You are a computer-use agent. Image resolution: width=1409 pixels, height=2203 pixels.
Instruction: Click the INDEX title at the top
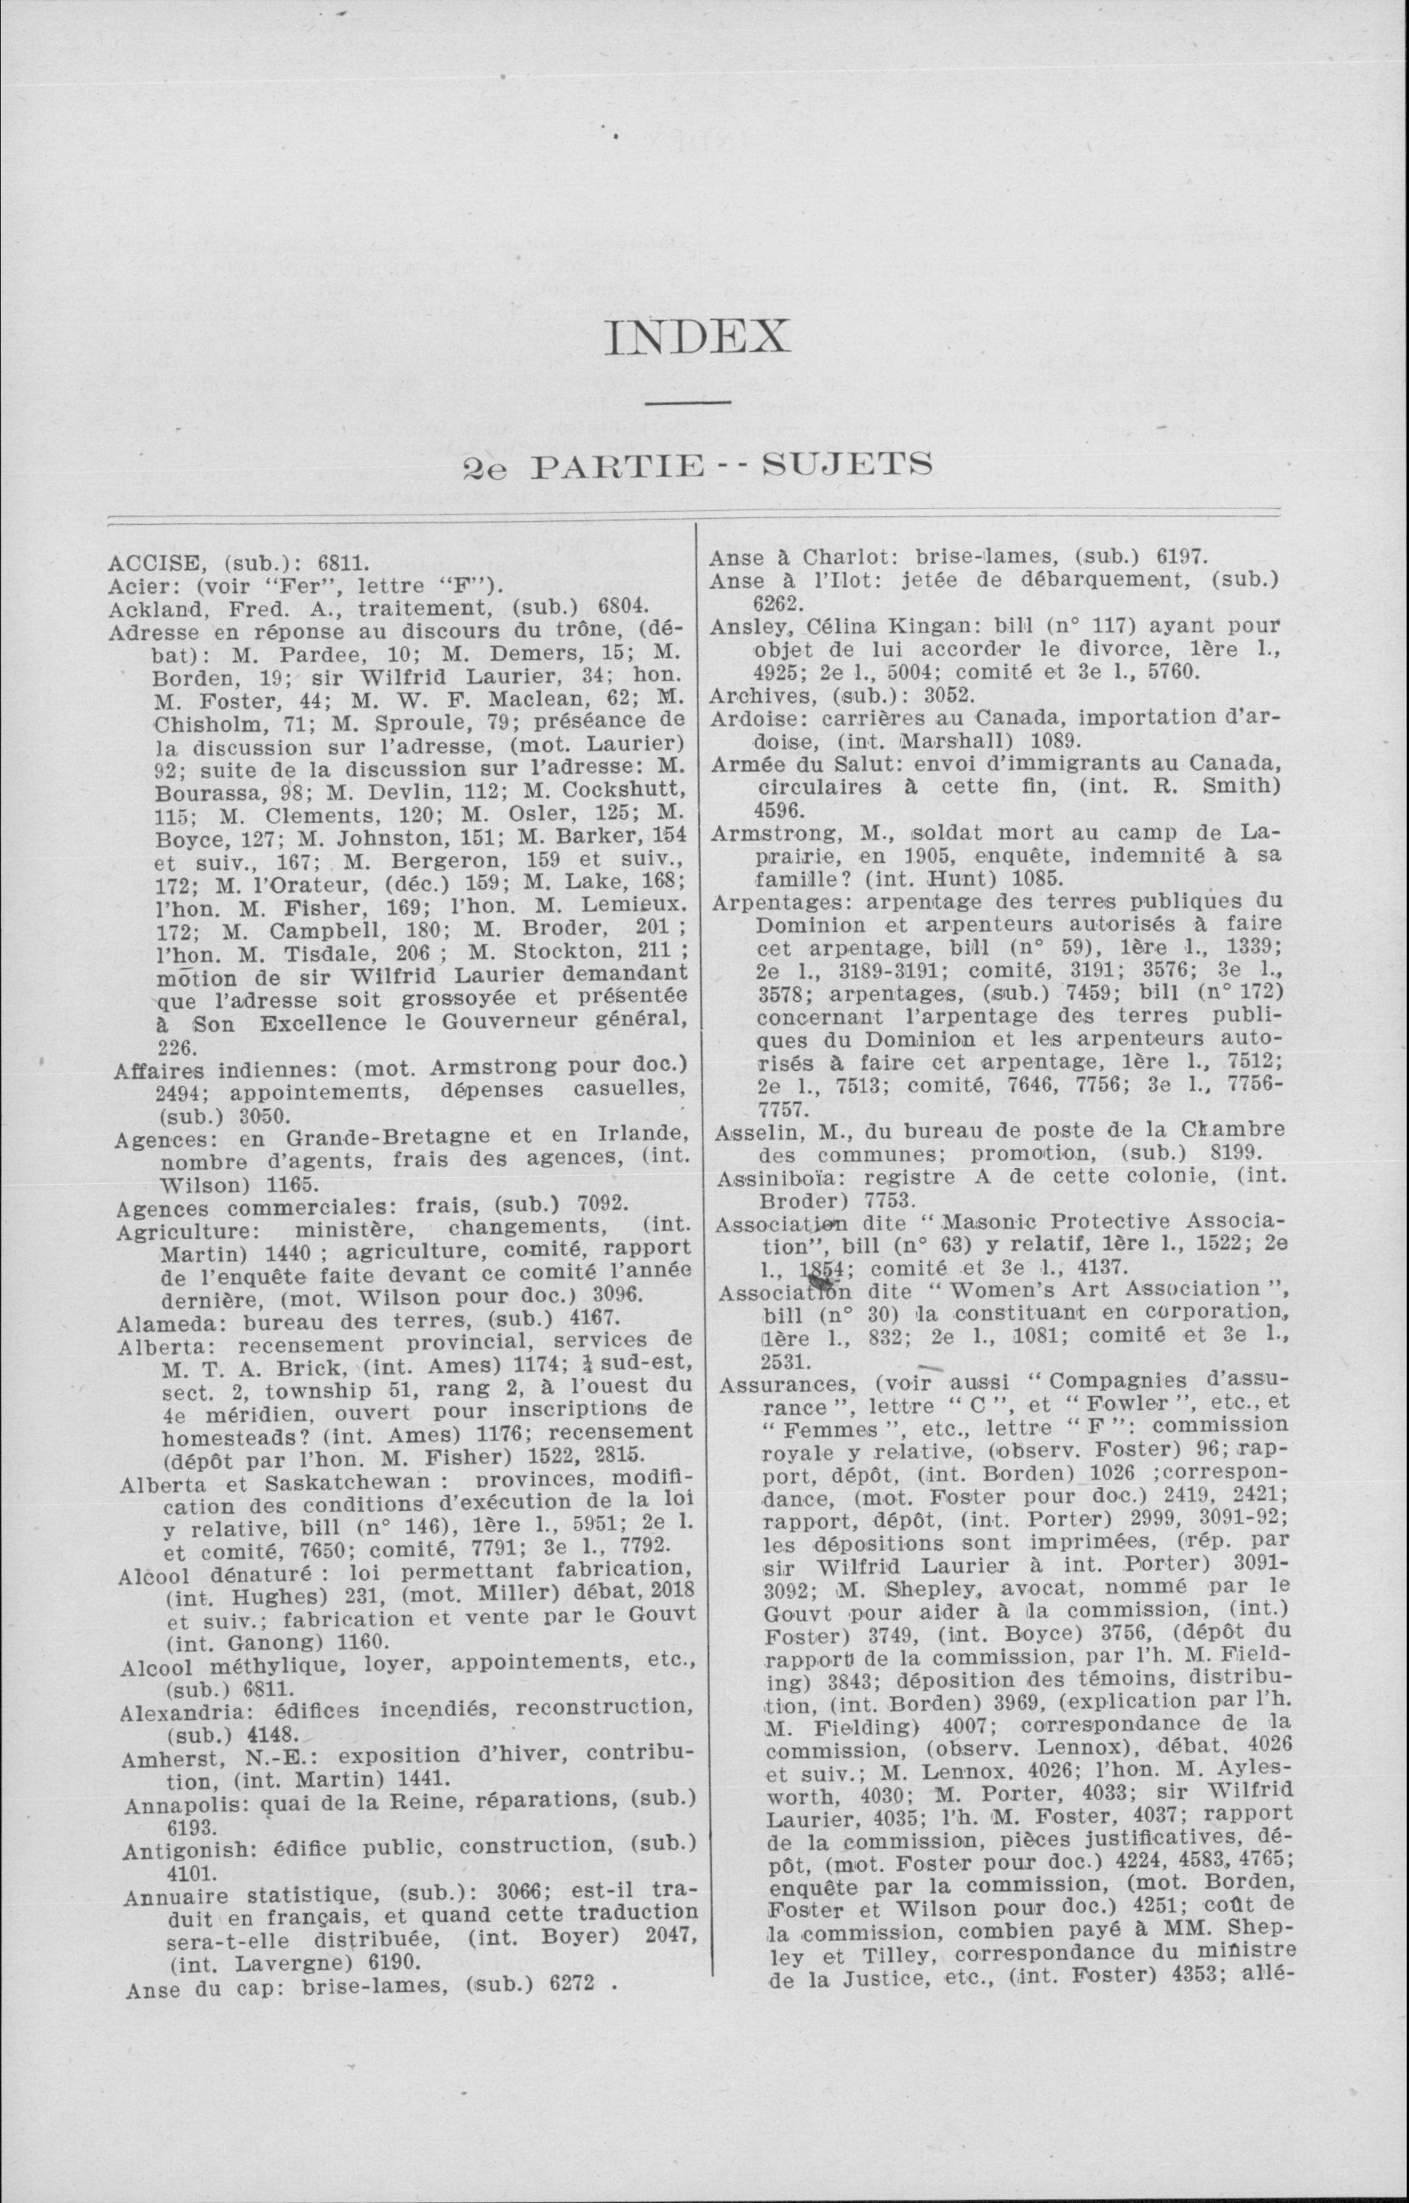[697, 338]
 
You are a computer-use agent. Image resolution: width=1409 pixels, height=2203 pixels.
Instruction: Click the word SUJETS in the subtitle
[847, 466]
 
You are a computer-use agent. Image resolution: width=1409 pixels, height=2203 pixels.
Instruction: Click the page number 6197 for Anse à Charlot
[1182, 557]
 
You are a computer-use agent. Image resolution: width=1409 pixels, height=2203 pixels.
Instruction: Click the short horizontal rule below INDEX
[687, 403]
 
